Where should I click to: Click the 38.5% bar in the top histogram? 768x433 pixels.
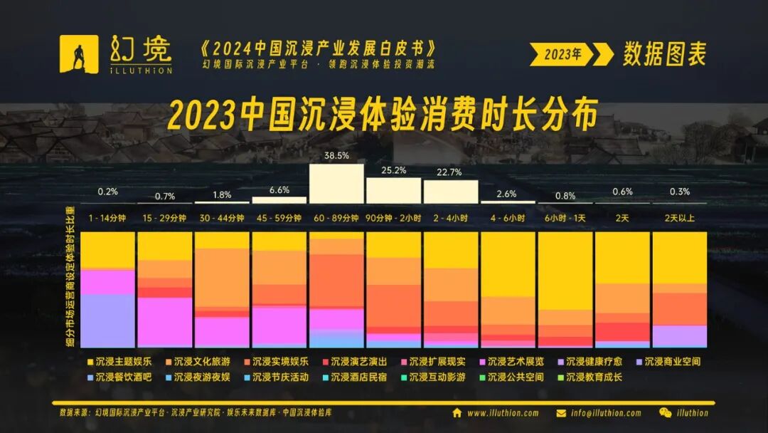point(336,184)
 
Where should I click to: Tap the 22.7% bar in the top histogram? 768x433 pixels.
point(451,192)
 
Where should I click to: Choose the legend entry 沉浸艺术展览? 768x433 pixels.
point(516,362)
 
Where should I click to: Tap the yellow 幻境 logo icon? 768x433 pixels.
point(78,54)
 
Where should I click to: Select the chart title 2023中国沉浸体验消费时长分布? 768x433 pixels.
point(383,115)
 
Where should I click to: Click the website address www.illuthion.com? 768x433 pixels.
point(503,413)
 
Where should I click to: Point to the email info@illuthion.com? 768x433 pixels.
point(605,413)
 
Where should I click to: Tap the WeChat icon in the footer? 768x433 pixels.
point(665,413)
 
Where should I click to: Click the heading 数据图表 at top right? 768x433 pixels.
point(665,54)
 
